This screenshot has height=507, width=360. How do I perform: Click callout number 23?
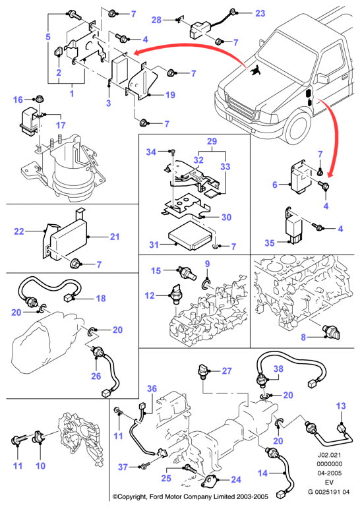[x=260, y=14]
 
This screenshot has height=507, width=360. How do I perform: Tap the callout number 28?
[x=156, y=20]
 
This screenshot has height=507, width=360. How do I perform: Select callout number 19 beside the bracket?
[x=170, y=95]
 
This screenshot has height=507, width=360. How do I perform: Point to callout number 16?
[x=18, y=100]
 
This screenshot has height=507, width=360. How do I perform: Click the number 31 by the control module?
[x=154, y=245]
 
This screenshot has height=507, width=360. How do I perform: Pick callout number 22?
[x=19, y=231]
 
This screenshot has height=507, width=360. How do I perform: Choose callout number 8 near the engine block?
[x=303, y=338]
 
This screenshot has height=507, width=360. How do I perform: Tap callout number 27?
[x=227, y=371]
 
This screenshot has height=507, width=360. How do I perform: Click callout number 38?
[x=278, y=369]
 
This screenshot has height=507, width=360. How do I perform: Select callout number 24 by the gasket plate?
[x=236, y=479]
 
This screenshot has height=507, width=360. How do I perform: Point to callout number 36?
[x=152, y=389]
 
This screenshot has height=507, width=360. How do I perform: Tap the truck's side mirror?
[x=322, y=78]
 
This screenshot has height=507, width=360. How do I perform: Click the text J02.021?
[x=329, y=455]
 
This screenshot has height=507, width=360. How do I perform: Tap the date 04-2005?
[x=329, y=473]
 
